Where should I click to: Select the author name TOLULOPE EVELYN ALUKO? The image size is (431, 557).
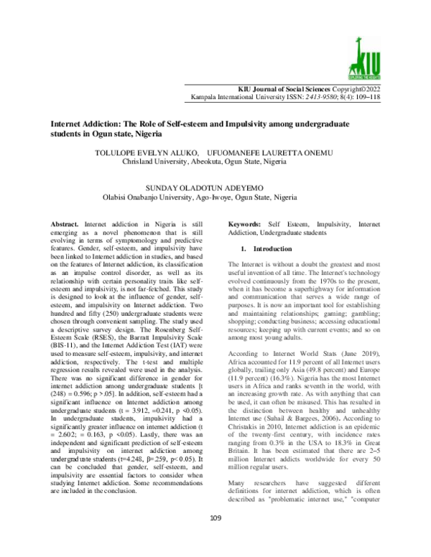[140, 154]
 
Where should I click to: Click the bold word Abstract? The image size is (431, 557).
[71, 225]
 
